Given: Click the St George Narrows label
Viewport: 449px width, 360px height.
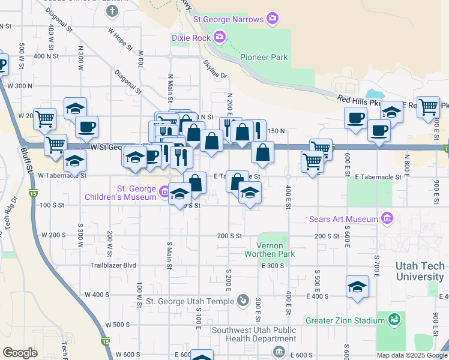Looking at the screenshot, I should point(228,19).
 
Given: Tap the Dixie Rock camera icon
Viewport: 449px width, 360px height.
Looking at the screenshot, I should point(220,38).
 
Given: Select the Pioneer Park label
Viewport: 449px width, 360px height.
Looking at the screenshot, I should point(264,58).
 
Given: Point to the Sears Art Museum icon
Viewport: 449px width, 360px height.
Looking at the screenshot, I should point(387,218).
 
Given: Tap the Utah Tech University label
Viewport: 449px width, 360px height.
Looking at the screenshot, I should point(420,271).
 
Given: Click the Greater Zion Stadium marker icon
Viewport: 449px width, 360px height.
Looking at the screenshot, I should point(394,320).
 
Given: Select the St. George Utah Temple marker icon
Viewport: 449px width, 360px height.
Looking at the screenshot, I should point(243,300).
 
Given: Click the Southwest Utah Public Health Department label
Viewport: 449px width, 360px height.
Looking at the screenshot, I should point(253,335).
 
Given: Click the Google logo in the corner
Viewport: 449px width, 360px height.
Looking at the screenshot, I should point(20,353).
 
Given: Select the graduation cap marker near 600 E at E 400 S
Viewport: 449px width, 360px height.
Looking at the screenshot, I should point(357,287).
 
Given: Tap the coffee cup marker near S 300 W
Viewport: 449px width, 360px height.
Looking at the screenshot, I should point(87,127).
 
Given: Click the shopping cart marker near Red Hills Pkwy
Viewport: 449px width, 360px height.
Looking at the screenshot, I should point(428,107).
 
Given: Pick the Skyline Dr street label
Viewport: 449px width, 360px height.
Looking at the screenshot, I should point(215,68).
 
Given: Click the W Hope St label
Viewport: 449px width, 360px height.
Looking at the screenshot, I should point(120,37).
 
